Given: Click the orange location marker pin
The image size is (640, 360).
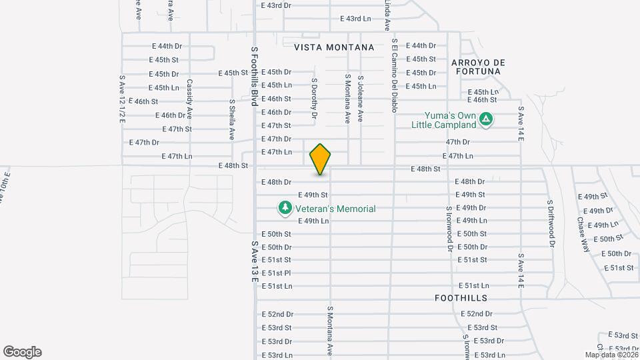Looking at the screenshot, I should tap(321, 159).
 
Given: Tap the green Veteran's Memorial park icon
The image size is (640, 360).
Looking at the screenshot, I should tap(285, 208).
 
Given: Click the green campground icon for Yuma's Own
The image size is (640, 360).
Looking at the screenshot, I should tap(487, 119).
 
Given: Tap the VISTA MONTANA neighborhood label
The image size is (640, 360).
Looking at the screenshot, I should tap(334, 47).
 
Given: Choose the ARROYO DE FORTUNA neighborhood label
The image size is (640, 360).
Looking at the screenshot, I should tap(478, 67).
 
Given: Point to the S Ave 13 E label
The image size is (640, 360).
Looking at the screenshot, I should tap(254, 261).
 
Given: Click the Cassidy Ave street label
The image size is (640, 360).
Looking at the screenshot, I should tap(189, 96).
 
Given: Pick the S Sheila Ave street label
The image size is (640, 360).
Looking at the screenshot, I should tap(232, 119).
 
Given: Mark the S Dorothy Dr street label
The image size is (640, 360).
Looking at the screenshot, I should tap(313, 98).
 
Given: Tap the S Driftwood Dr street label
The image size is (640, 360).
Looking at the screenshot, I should tap(551, 223).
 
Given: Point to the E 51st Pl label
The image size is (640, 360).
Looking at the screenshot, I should tap(276, 273).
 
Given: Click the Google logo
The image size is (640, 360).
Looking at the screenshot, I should tap(22, 352).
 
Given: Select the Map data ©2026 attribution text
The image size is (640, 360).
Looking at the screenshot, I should tap(611, 355).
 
